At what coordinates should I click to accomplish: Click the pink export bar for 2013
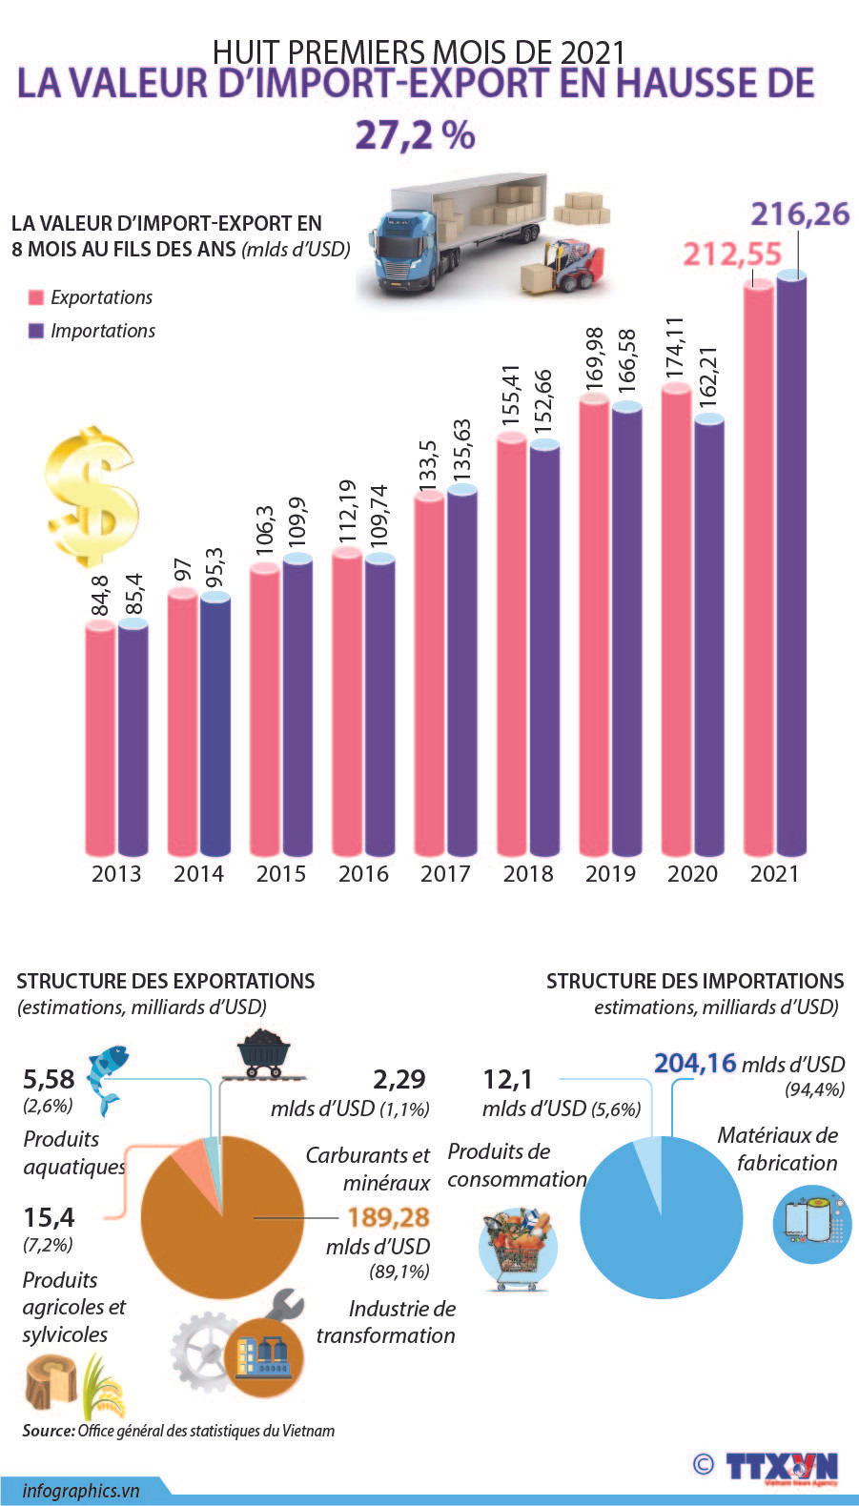100,739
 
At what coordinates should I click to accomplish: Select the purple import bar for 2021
791,562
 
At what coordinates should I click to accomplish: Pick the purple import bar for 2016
379,705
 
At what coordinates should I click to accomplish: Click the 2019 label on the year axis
610,873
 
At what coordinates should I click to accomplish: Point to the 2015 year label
281,873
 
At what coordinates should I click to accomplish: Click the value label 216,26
799,214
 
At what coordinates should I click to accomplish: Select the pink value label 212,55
731,254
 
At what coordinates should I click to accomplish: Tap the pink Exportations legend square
36,297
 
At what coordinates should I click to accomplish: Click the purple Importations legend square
36,331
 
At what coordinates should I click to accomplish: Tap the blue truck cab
404,249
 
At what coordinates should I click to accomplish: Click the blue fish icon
106,1076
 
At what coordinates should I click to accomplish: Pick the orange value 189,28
388,1217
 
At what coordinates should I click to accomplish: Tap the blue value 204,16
695,1063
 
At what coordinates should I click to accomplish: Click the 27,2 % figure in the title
415,134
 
